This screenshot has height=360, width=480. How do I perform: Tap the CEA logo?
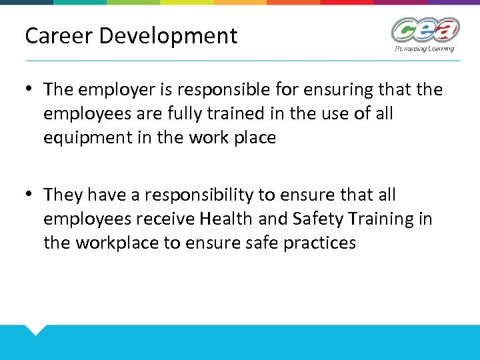coord(425,30)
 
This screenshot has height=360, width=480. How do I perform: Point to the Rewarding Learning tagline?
coord(424,48)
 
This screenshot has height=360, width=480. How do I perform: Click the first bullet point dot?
coord(30,89)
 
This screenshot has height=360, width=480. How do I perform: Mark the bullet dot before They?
coord(30,195)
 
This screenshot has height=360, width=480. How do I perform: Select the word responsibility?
coord(190,195)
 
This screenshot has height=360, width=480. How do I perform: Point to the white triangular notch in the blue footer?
coord(35,329)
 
